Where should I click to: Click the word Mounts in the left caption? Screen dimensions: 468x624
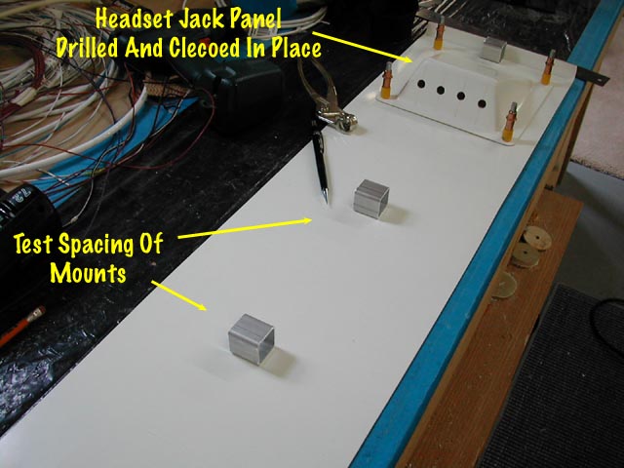(89, 273)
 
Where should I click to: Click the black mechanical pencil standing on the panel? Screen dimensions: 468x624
(320, 156)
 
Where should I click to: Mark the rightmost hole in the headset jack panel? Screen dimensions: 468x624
(482, 100)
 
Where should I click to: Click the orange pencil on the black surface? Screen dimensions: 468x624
(21, 324)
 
